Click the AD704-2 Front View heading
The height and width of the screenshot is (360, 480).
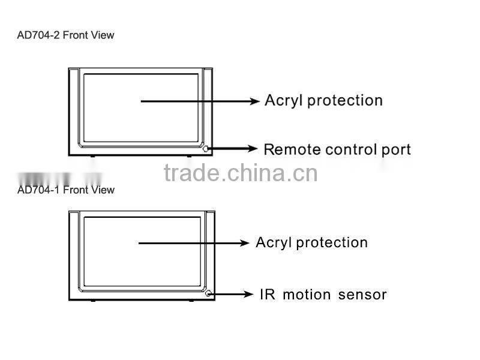pos(65,35)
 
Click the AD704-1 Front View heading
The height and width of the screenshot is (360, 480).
pos(66,190)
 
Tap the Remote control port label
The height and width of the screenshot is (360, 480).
pos(337,150)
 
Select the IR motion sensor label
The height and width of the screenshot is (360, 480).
pos(323,295)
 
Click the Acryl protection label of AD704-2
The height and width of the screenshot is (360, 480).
pos(324,101)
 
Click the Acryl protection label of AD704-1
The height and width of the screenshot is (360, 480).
pos(311,243)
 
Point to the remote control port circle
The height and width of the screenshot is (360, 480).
pos(206,149)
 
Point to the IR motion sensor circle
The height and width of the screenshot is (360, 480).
pos(208,293)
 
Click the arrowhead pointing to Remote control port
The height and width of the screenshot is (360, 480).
pos(253,148)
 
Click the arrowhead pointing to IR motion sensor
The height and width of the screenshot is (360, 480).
pos(248,294)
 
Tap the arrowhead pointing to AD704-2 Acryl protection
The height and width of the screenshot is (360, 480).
pos(254,101)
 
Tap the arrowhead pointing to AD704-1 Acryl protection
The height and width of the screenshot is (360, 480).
pos(244,243)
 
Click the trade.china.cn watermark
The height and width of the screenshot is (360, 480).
pos(241,173)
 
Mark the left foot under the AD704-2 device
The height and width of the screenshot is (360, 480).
pos(92,157)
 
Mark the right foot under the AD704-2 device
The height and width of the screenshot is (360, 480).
pos(189,157)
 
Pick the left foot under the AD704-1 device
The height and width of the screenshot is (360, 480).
pos(93,301)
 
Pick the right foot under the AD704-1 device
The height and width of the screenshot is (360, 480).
pos(191,301)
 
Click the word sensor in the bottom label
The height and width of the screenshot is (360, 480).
pos(362,295)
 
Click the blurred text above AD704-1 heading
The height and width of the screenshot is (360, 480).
pos(59,178)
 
